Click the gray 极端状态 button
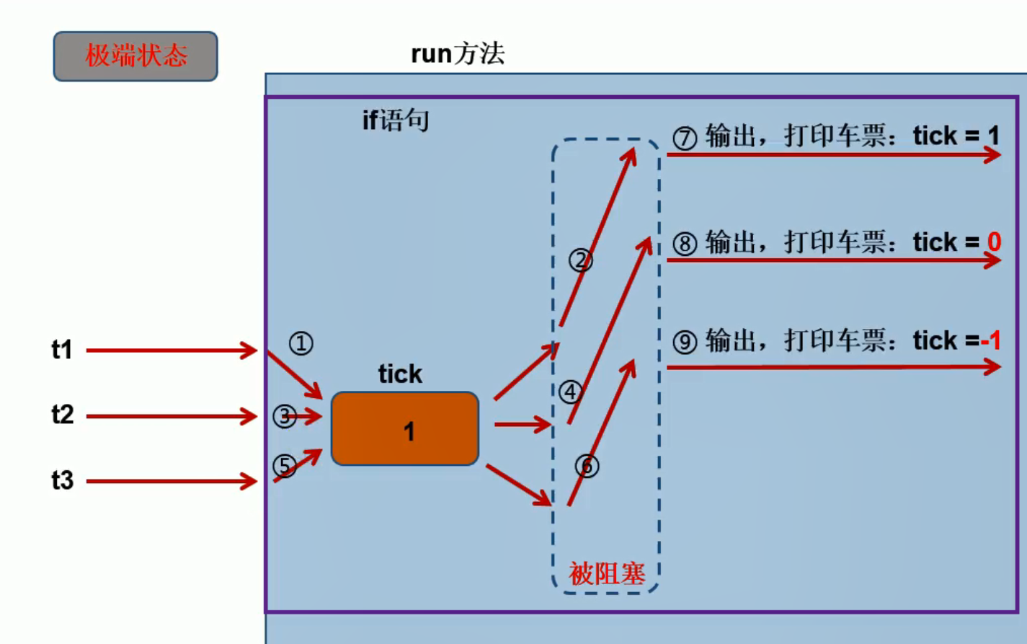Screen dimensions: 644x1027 (135, 56)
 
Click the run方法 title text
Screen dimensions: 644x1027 (458, 54)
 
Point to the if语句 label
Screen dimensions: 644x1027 (396, 120)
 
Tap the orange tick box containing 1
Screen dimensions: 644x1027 (405, 429)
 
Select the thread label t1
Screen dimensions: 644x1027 (62, 350)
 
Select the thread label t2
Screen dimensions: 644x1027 (63, 415)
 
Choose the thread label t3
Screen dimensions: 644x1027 (63, 480)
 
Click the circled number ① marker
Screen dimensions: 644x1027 (301, 343)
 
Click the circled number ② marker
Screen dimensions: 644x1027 (581, 260)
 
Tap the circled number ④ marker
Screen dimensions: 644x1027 (571, 392)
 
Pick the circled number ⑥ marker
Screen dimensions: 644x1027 (587, 466)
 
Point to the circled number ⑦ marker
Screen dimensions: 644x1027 (685, 137)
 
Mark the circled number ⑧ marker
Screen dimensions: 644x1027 (685, 244)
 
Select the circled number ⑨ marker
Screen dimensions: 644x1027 (685, 342)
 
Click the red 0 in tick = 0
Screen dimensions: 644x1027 (995, 242)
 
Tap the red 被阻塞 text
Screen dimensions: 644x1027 (607, 574)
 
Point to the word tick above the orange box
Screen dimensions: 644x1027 (400, 374)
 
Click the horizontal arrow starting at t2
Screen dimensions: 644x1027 (171, 416)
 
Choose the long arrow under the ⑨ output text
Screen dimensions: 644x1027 (832, 368)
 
